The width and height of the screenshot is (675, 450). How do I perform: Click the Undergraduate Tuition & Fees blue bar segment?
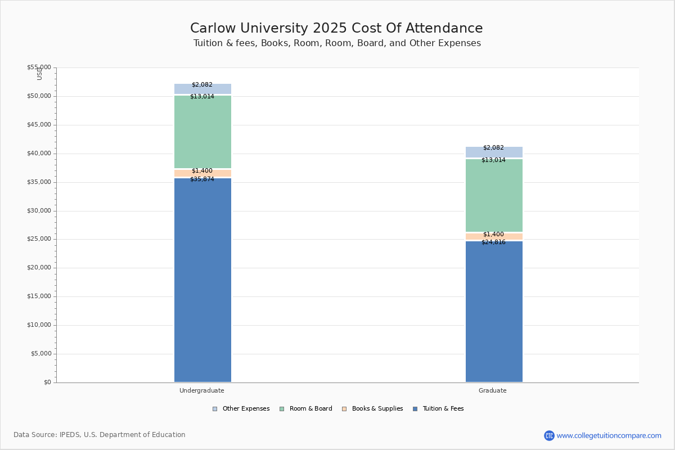click(x=203, y=280)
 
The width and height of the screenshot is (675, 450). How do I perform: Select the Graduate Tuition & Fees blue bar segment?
click(x=494, y=312)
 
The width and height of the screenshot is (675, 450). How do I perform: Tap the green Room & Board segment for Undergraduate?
click(x=203, y=132)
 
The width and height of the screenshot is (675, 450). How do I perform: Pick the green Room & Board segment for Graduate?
click(x=494, y=195)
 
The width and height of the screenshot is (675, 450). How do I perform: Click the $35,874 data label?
click(x=202, y=179)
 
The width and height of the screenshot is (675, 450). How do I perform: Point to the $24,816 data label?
click(x=494, y=242)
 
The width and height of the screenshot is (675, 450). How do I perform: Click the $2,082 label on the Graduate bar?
click(x=494, y=147)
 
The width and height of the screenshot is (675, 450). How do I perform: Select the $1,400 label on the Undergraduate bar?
click(x=202, y=170)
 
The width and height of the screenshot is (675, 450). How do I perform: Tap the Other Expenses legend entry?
click(x=241, y=408)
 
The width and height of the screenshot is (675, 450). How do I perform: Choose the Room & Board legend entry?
click(x=306, y=408)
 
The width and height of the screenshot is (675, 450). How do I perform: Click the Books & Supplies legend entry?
click(x=372, y=408)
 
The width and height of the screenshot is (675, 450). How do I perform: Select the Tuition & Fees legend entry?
click(x=438, y=408)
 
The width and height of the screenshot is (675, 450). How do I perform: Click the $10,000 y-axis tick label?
click(x=39, y=325)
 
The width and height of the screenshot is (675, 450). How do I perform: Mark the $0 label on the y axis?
click(x=48, y=382)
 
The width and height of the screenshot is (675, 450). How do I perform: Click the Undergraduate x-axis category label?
click(x=202, y=390)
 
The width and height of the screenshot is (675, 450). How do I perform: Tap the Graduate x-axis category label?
click(x=493, y=390)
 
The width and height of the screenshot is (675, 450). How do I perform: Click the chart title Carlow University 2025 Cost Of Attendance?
click(x=336, y=28)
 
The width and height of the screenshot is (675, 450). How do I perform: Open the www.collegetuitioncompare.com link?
click(x=609, y=435)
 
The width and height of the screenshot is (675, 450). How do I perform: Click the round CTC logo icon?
click(x=549, y=435)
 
